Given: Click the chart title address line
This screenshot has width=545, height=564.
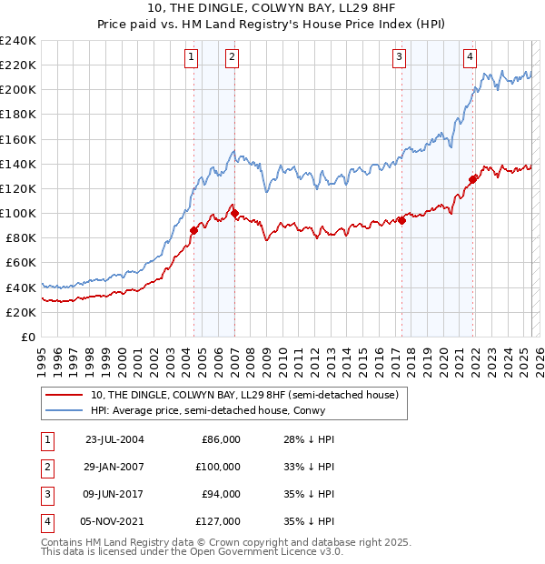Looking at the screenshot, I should tap(272, 9).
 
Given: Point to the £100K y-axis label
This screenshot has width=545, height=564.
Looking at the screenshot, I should tap(18, 213).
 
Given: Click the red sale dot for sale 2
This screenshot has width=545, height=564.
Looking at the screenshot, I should tap(234, 214).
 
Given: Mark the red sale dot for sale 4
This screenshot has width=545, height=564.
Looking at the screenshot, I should tap(472, 179).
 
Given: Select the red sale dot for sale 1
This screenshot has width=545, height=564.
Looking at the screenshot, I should tap(193, 230).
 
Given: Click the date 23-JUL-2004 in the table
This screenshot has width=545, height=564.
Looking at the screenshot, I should tap(114, 439).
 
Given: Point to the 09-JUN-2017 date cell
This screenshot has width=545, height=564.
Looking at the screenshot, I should tap(114, 494).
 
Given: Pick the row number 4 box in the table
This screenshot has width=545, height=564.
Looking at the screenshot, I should tap(45, 521).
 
